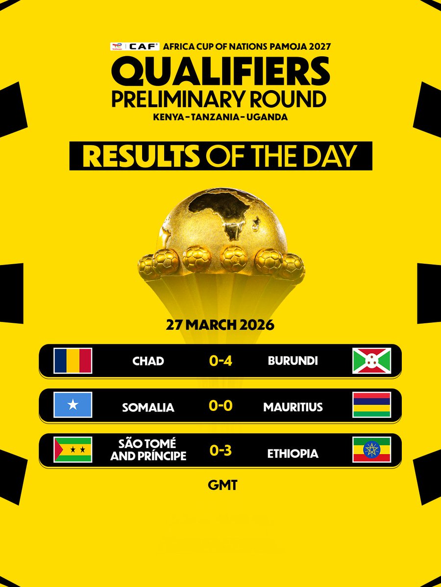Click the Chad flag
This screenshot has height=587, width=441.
[x=73, y=361]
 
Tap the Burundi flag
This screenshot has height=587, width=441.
[x=371, y=361]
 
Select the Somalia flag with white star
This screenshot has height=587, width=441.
[x=73, y=405]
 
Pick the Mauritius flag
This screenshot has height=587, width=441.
[x=371, y=405]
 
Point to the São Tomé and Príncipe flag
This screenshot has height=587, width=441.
[x=73, y=449]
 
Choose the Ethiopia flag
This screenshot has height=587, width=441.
[x=371, y=449]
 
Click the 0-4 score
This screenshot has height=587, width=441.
[x=220, y=361]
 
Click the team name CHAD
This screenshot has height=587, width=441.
[x=148, y=361]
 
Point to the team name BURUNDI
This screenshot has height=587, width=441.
[x=293, y=361]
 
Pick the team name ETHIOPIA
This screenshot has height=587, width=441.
[x=293, y=453]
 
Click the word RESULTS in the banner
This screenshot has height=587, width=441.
[x=141, y=157]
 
